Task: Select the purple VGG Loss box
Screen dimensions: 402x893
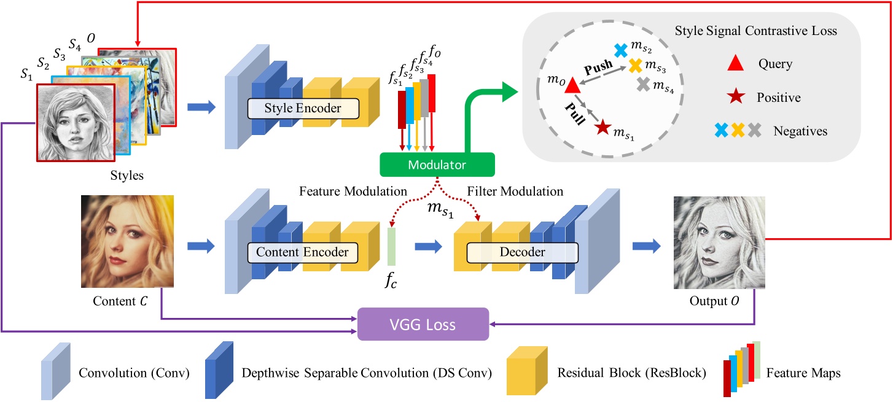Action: click(423, 323)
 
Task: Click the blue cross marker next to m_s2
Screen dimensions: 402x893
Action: click(621, 49)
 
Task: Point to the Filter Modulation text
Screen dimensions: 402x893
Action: click(515, 192)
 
